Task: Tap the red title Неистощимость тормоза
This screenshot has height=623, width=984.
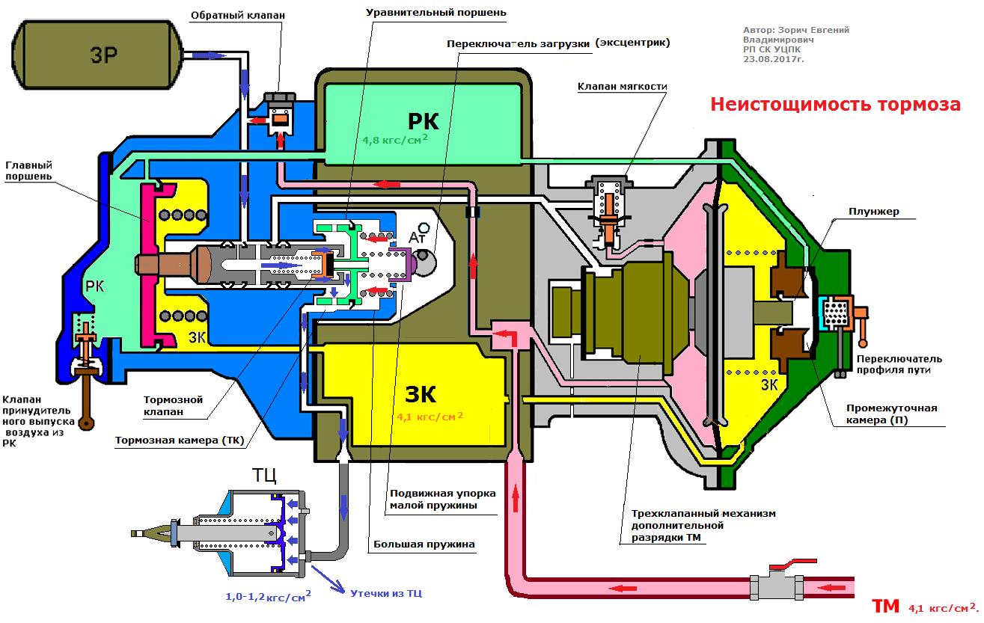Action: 834,105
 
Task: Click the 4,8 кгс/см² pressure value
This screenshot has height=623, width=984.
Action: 395,139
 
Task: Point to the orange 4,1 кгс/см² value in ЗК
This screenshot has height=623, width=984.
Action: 430,417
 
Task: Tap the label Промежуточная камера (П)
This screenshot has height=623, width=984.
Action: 891,414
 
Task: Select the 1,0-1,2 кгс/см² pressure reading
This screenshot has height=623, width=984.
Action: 268,597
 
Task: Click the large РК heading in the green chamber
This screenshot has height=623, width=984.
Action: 423,120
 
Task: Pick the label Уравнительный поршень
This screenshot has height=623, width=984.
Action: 436,13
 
